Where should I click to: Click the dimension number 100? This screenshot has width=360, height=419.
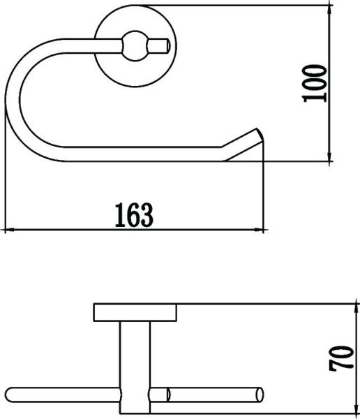(316, 83)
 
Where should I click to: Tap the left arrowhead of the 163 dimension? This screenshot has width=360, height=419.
(10, 230)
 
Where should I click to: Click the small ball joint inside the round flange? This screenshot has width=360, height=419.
(130, 47)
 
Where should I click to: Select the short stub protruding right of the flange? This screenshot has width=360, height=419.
(162, 47)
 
